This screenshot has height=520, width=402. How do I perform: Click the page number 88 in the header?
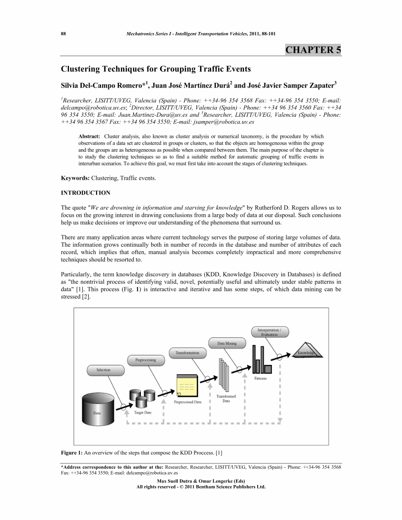pos(64,33)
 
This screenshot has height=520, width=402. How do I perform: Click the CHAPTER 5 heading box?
pos(313,49)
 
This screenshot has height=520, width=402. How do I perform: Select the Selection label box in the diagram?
pos(103,370)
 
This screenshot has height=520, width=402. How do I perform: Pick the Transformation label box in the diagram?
pos(187,353)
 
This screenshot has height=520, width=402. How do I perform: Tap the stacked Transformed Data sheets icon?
pos(225,376)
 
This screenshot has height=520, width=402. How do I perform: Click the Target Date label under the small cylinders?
pos(142,412)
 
